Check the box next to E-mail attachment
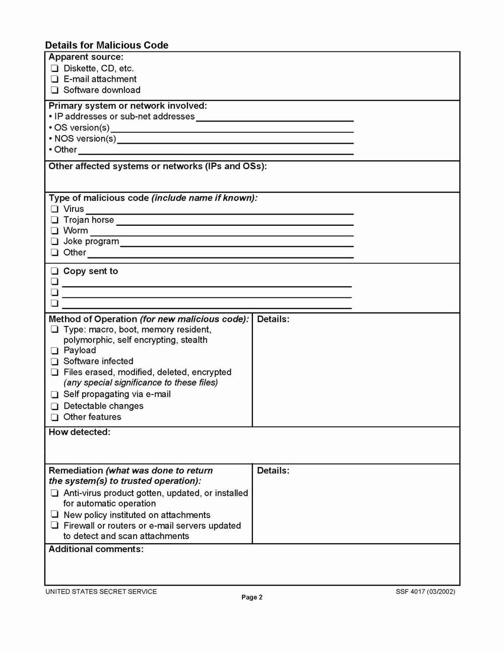pos(54,79)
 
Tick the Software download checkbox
pos(54,90)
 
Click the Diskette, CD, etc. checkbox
pos(54,69)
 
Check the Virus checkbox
pos(54,209)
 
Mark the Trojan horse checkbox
pos(54,220)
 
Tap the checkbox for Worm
pos(54,231)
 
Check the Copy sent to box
pos(54,271)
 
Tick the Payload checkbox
pos(54,351)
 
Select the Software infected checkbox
pos(54,362)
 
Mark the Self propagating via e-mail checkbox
pos(54,395)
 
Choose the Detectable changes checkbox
pos(54,406)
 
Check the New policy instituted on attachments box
pos(54,515)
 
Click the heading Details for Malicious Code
pos(107,45)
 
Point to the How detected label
pos(79,432)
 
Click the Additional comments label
pos(96,549)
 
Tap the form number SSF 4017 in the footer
pos(425,592)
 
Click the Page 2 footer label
pos(252,598)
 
